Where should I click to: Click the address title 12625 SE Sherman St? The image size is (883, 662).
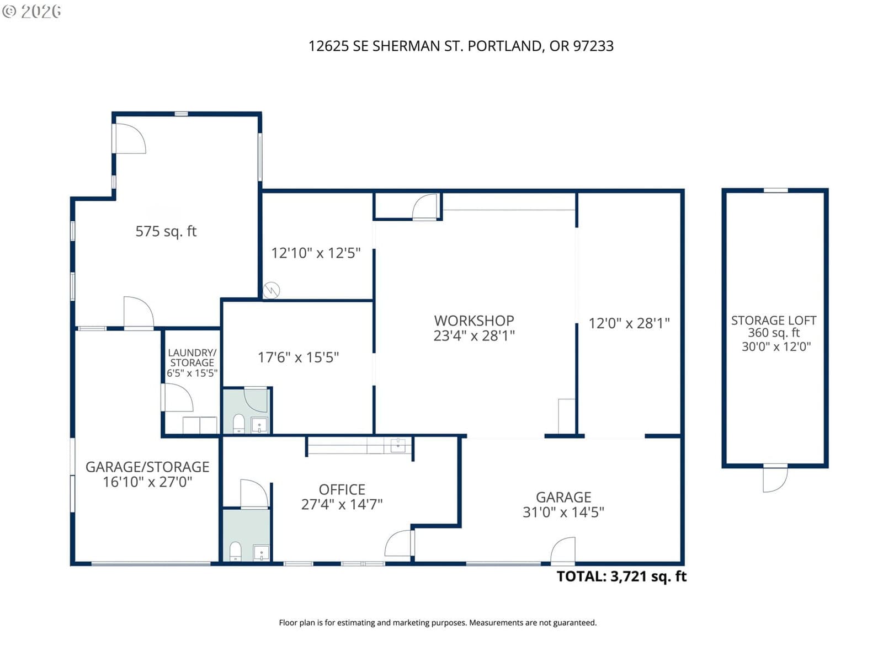tap(461, 46)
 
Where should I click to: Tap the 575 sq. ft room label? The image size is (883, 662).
tap(166, 231)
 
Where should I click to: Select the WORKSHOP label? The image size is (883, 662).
tap(474, 321)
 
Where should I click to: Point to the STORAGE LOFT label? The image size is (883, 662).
tap(773, 320)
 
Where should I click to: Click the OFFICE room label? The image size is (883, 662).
tap(342, 489)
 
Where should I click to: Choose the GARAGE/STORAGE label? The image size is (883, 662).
tap(147, 467)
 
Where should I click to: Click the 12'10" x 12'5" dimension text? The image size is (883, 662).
tap(315, 253)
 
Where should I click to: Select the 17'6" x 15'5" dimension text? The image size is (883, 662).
tap(298, 357)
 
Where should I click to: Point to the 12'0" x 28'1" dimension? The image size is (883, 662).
tap(629, 323)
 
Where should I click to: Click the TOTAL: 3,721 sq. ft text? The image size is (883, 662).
tap(621, 576)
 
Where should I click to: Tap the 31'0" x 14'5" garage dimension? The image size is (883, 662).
tap(563, 512)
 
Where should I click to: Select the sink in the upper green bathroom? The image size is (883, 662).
tap(259, 425)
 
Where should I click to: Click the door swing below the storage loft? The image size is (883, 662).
tap(775, 479)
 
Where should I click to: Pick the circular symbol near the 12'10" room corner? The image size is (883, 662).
tap(271, 290)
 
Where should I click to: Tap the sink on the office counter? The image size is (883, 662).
tap(398, 445)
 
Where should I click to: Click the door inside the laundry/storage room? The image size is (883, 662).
tap(177, 398)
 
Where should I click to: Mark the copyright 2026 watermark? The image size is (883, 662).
tap(31, 11)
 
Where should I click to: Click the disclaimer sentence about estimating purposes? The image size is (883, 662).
tap(438, 623)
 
